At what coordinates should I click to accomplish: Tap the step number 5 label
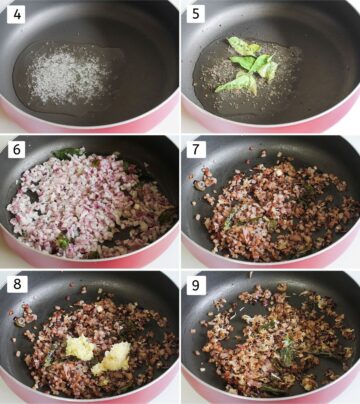(194, 14)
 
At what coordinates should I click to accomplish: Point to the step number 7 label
(194, 148)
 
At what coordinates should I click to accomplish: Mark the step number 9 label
(194, 283)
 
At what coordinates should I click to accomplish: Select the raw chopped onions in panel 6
(85, 205)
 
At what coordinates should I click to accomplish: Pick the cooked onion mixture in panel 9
(270, 340)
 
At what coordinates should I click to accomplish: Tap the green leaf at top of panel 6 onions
(68, 153)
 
